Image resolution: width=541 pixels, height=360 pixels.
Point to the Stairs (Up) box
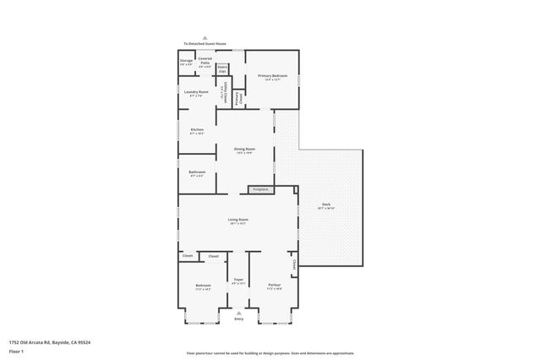coord(222,68)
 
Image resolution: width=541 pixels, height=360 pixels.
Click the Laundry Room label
coord(196,93)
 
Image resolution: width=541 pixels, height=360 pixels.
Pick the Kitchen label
coord(196,131)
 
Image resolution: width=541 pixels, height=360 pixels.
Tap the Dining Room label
coord(244,150)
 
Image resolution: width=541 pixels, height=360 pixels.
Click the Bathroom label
coord(196,173)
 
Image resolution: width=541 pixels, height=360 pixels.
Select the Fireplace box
coord(260,189)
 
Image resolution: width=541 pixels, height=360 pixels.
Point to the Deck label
coord(326,205)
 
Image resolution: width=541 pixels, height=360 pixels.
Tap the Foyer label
coord(238,281)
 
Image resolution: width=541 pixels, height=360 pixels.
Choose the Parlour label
coord(274,286)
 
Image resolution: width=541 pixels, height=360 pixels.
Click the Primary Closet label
coord(239,98)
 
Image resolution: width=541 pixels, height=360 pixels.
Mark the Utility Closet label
coord(223,92)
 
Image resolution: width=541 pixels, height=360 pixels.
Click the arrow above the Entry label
coord(238,312)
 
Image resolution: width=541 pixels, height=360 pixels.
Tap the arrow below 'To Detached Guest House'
coord(205,50)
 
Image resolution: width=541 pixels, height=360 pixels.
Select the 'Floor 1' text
coord(14,349)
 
